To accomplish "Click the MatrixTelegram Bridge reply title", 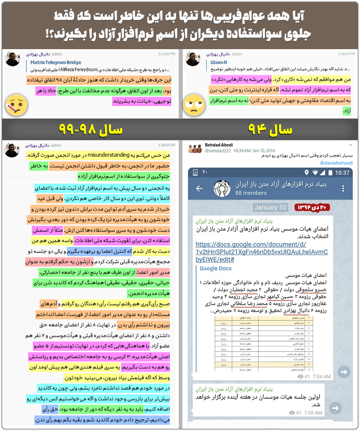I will coord(55,62).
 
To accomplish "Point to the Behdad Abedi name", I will coord(219,145).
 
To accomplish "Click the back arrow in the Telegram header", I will coord(199,189).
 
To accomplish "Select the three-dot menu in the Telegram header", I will coord(343,189).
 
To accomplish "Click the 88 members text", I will coord(251,193).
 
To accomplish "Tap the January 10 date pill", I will coord(270,207).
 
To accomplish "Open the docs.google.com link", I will coord(261,252).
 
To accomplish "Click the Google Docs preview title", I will coord(216,268).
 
